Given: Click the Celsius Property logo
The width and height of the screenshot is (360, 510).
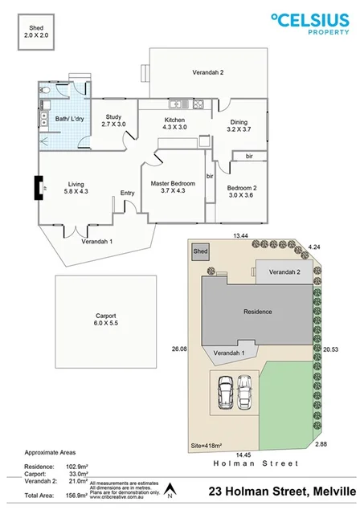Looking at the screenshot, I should pos(310,23).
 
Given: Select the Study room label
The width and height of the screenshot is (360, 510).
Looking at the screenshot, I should pos(113,120).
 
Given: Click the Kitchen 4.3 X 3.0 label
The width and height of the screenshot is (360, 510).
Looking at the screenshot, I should pos(174,122).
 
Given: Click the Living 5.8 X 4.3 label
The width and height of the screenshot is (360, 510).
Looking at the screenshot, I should pos(78,188).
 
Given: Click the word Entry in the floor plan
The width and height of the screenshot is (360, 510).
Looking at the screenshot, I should pos(127,193).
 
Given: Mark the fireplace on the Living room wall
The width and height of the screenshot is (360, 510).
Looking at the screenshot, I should pos(38,188).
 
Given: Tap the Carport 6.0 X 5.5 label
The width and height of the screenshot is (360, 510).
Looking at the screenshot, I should pos(100,316).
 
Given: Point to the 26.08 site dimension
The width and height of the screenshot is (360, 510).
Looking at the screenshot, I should pos(180,349).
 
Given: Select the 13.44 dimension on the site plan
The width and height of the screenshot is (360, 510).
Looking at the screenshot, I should pos(241,236).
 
